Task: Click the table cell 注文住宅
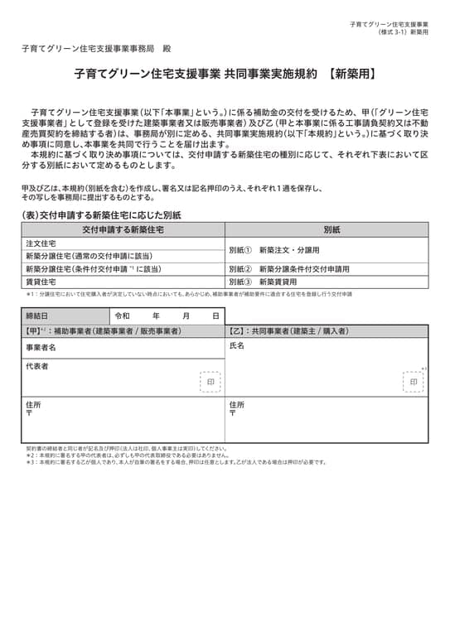[x=41, y=243]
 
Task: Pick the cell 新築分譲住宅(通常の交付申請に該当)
[x=84, y=256]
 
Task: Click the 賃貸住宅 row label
[x=41, y=282]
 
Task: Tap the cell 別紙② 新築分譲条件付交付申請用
[x=289, y=269]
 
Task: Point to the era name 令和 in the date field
[x=123, y=316]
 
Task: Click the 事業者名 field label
[x=41, y=348]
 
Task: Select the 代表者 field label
[x=36, y=366]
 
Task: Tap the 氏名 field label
[x=237, y=346]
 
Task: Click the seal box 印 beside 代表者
[x=210, y=382]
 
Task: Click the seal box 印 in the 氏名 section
[x=414, y=382]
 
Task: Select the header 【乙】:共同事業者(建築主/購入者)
[x=289, y=331]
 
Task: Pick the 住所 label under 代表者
[x=33, y=405]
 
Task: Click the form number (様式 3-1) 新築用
[x=403, y=32]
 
